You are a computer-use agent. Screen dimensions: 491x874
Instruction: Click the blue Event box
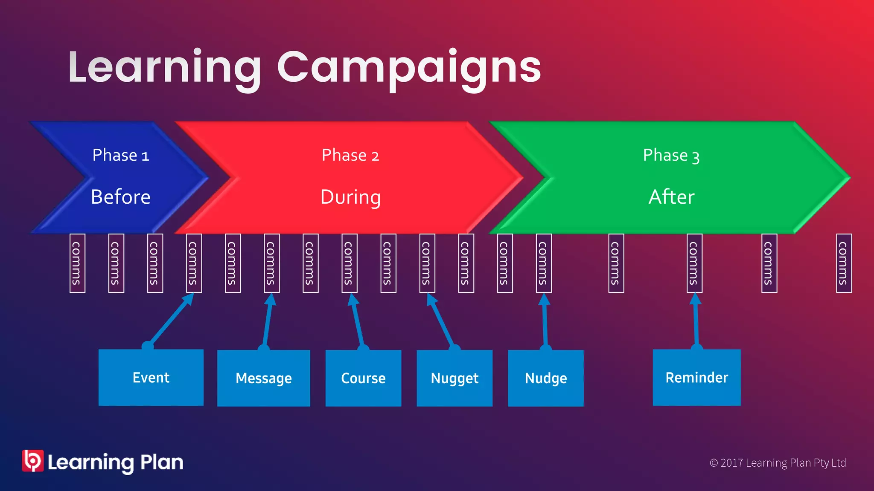pos(151,378)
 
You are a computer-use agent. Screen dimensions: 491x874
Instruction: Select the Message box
pos(263,378)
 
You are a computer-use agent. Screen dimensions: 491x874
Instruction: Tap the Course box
pos(363,378)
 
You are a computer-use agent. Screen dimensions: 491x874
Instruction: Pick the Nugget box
pos(454,378)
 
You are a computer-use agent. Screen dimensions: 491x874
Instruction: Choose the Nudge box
pos(546,378)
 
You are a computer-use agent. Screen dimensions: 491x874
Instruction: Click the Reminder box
pos(696,378)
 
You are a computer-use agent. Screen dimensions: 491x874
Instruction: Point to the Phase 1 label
pos(121,155)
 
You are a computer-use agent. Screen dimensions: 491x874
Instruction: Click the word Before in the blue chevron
pos(121,197)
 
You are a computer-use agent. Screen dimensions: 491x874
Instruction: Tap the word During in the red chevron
pos(350,197)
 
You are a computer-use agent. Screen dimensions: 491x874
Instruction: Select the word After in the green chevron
pos(671,197)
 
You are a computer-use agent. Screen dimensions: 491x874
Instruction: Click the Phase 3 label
pos(671,155)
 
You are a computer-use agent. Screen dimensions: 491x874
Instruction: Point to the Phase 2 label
pos(350,155)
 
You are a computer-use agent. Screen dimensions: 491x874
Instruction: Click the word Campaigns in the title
pos(409,68)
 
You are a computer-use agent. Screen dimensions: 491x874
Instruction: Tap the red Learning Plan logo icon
pos(32,461)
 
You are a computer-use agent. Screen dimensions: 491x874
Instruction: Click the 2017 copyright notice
pos(778,463)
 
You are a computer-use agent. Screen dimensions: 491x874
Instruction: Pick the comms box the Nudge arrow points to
pos(544,263)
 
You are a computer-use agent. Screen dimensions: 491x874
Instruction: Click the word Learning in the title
pos(164,68)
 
